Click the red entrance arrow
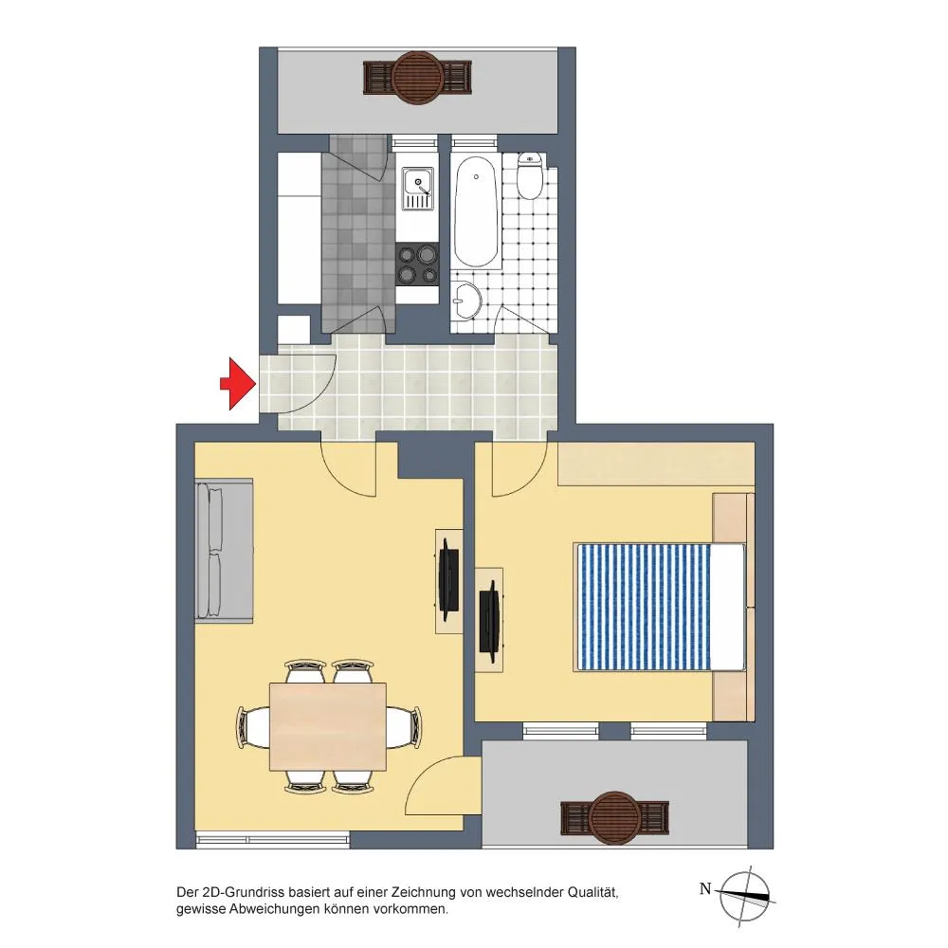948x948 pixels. (x=238, y=383)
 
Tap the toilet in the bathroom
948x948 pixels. (x=530, y=175)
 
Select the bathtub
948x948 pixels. (x=477, y=211)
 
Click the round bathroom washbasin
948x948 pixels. (x=466, y=301)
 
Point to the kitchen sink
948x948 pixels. (x=418, y=189)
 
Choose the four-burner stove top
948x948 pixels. (x=417, y=264)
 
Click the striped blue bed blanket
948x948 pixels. (x=645, y=607)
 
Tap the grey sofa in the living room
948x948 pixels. (x=224, y=550)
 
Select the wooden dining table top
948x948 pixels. (x=328, y=727)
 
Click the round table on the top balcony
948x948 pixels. (x=417, y=77)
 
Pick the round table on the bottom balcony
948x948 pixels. (x=614, y=817)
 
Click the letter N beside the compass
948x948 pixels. (x=705, y=889)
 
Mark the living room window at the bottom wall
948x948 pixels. (x=273, y=840)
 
